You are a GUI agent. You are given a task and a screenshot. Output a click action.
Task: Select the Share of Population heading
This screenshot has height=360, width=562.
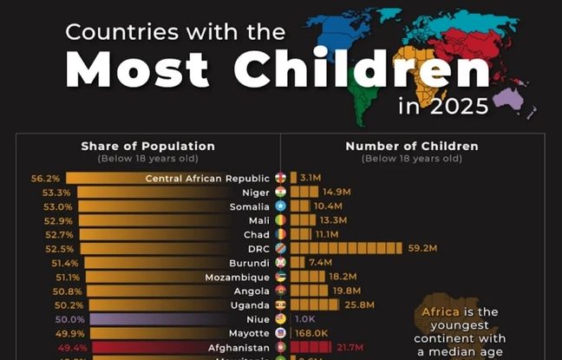[x=147, y=146]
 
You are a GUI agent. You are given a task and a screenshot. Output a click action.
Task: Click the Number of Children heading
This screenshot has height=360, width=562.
[x=411, y=146]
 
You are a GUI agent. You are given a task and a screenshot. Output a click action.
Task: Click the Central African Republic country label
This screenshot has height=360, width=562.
[x=208, y=179]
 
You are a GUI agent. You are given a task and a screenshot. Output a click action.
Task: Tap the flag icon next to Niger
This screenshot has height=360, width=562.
[x=280, y=193]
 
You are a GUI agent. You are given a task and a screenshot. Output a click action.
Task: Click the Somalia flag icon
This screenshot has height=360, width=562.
[x=280, y=206]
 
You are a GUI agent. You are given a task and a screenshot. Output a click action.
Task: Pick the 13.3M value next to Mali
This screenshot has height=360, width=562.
[x=333, y=220]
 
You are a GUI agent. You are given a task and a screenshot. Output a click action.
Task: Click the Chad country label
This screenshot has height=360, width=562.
[x=257, y=234]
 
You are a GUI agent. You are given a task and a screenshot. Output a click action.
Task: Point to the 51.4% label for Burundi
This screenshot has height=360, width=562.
[x=65, y=263]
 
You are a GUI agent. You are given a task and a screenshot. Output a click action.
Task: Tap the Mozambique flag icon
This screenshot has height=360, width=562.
[x=280, y=277]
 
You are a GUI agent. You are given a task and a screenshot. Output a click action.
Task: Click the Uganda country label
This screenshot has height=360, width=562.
[x=251, y=304]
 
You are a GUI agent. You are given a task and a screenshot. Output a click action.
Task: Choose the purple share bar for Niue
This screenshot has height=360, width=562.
[x=173, y=319]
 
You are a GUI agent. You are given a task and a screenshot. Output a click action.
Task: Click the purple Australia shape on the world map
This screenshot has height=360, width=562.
[x=507, y=98]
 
